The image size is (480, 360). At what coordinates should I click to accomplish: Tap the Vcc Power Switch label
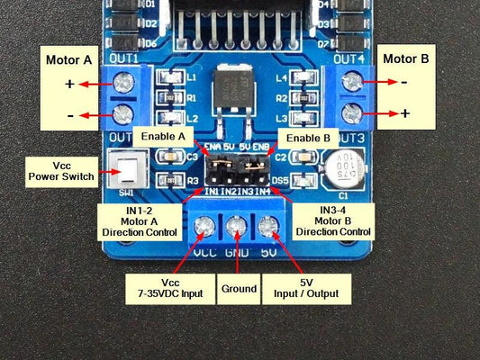tap(61, 168)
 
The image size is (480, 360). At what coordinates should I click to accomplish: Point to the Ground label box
tap(237, 291)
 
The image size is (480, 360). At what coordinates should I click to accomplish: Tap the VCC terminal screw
tap(204, 225)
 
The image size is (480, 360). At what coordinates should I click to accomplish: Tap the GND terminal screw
tap(237, 226)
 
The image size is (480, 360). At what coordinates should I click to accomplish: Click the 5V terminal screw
tap(267, 226)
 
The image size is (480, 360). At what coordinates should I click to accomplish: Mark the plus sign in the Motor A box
tap(68, 84)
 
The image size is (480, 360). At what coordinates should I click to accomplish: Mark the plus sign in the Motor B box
tap(405, 113)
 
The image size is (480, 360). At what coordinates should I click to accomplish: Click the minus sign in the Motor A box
tap(68, 115)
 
